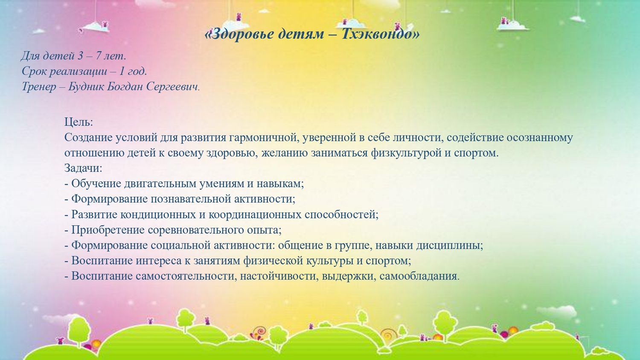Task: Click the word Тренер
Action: pyautogui.click(x=39, y=87)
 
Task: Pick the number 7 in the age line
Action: pyautogui.click(x=98, y=55)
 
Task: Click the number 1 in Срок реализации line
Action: pyautogui.click(x=122, y=71)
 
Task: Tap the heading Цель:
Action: pyautogui.click(x=79, y=122)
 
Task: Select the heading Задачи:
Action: pyautogui.click(x=83, y=168)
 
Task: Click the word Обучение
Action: pyautogui.click(x=96, y=183)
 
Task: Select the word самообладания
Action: pyautogui.click(x=419, y=276)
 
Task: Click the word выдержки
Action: pyautogui.click(x=349, y=276)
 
